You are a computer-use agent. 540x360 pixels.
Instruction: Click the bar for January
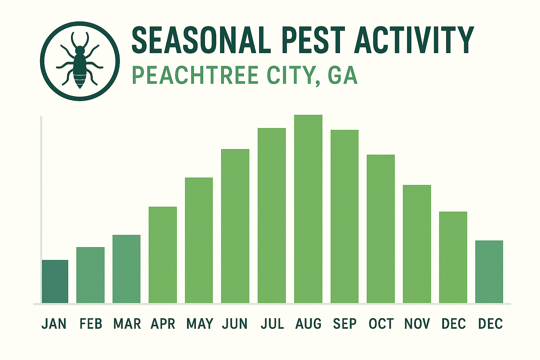coord(55,281)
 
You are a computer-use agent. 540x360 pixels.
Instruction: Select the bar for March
coord(127,269)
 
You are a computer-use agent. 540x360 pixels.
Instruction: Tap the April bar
coord(163,255)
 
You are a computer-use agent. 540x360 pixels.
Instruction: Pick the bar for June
coord(235,226)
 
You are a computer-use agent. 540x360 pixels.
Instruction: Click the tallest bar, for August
coord(308,209)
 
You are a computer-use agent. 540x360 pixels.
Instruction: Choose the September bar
coord(345,217)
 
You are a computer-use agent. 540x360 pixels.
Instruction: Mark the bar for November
coord(417,244)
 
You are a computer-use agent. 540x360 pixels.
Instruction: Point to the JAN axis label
coord(54,324)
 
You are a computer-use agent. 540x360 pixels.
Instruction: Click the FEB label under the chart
coord(91,324)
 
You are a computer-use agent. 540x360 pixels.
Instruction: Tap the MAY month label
coord(200,324)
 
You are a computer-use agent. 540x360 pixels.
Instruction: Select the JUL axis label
coord(272,324)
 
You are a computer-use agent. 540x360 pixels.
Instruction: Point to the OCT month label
coord(381,324)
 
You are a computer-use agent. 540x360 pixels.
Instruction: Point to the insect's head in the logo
coord(80,50)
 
